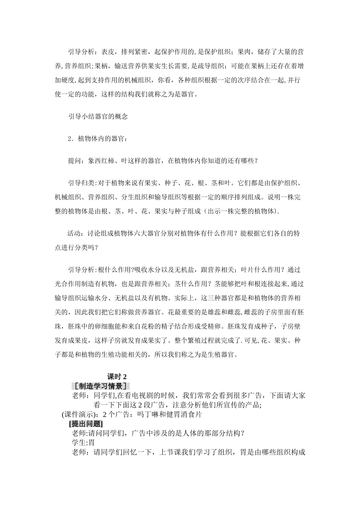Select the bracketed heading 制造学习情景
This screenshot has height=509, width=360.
(x=100, y=386)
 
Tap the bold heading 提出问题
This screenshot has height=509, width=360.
(x=86, y=424)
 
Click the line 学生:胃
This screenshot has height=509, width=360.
(x=83, y=442)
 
